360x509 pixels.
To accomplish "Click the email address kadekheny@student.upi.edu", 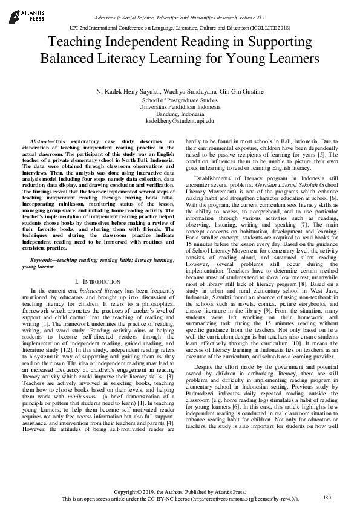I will coord(180,121).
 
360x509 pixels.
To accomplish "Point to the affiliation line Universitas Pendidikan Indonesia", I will coord(180,106).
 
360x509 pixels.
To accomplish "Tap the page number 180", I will coord(327,498).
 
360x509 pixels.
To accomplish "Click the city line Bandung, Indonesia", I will coord(180,114).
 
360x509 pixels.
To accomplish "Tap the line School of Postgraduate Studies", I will coord(180,99).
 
